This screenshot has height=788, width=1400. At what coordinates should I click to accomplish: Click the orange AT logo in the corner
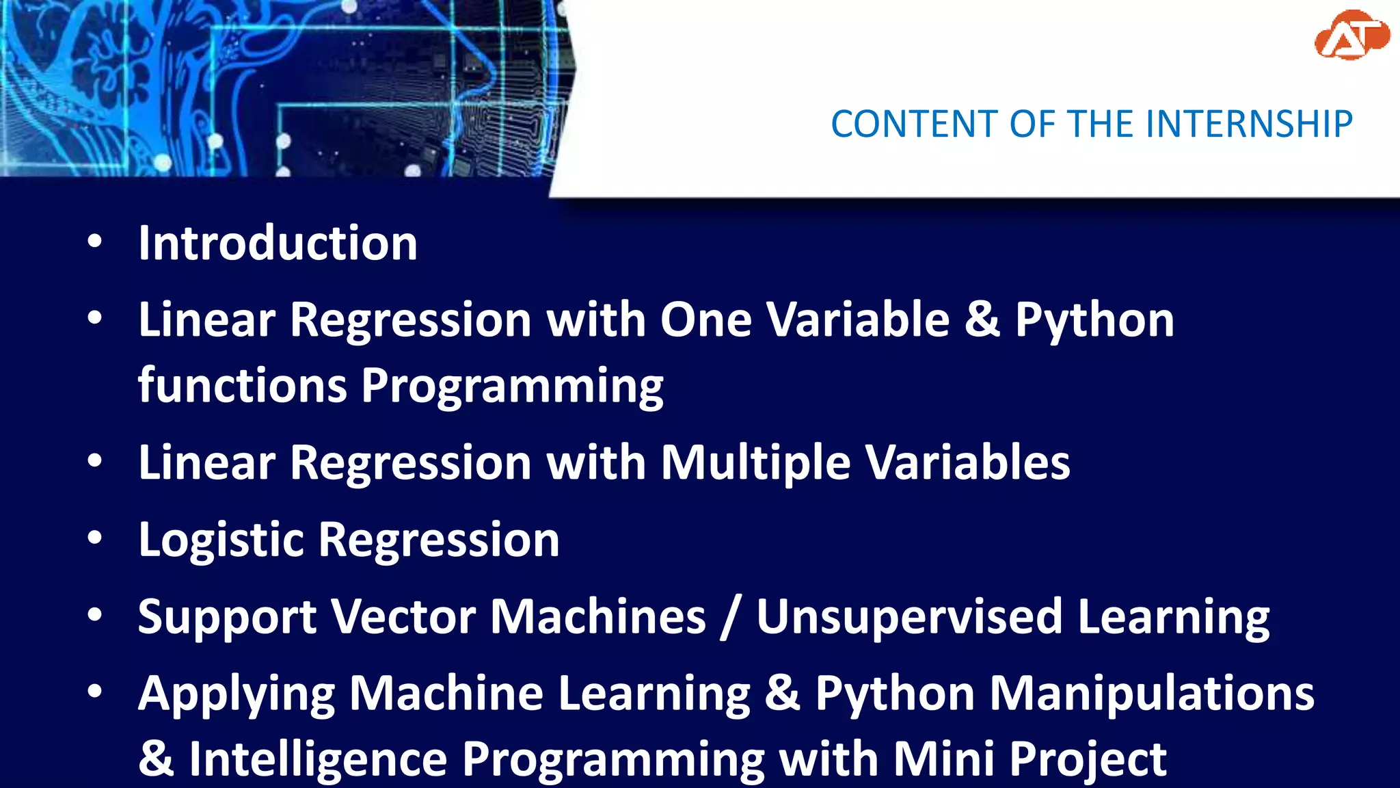1351,36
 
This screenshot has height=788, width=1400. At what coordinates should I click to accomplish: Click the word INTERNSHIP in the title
1248,124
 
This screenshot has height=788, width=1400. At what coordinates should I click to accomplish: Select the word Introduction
278,244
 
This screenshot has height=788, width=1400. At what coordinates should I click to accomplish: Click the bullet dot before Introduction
95,241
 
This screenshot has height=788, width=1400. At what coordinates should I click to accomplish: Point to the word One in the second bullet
705,320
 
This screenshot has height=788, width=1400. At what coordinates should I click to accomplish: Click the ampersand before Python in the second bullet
982,320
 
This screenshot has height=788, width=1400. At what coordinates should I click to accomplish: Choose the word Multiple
755,463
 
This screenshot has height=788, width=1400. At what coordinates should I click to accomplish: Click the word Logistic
220,540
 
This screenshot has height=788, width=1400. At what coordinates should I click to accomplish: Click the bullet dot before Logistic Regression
95,538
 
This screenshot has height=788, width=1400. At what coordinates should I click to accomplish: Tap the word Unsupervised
909,617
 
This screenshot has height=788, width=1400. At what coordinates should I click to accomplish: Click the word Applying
237,695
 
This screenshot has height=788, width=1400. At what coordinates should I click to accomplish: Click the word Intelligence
318,759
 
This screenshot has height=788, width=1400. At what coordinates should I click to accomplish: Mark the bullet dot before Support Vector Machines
95,615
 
